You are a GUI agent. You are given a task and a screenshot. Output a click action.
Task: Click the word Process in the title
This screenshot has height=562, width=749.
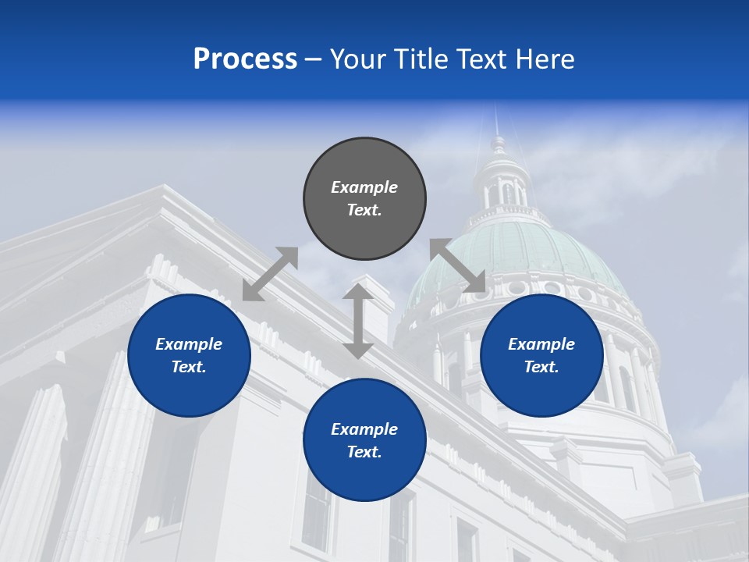[x=245, y=59]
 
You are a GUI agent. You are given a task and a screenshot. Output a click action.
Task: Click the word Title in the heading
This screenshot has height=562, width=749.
[x=418, y=59]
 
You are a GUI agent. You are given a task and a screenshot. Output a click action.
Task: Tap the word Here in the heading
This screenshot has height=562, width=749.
[x=544, y=59]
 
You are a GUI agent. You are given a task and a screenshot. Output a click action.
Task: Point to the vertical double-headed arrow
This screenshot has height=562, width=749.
[x=358, y=321]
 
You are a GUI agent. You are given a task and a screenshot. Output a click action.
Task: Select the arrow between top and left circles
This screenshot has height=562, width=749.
[x=270, y=273]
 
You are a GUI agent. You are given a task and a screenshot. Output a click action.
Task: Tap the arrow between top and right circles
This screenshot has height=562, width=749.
[x=458, y=265]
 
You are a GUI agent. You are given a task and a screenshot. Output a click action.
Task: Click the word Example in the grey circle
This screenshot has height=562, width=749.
[x=364, y=187]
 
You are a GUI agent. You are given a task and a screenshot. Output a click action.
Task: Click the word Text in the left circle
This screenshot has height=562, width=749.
[x=189, y=367]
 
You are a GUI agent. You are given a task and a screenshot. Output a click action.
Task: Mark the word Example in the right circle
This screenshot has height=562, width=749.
[x=541, y=344]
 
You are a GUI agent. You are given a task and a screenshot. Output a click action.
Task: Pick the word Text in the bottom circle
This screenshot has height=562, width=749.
[x=364, y=452]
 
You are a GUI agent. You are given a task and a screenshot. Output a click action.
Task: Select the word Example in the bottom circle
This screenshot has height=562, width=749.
[x=364, y=429]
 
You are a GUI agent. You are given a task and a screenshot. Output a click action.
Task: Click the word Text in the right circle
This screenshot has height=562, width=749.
[x=541, y=367]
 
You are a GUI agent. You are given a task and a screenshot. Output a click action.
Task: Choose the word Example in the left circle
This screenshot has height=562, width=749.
[x=189, y=344]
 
